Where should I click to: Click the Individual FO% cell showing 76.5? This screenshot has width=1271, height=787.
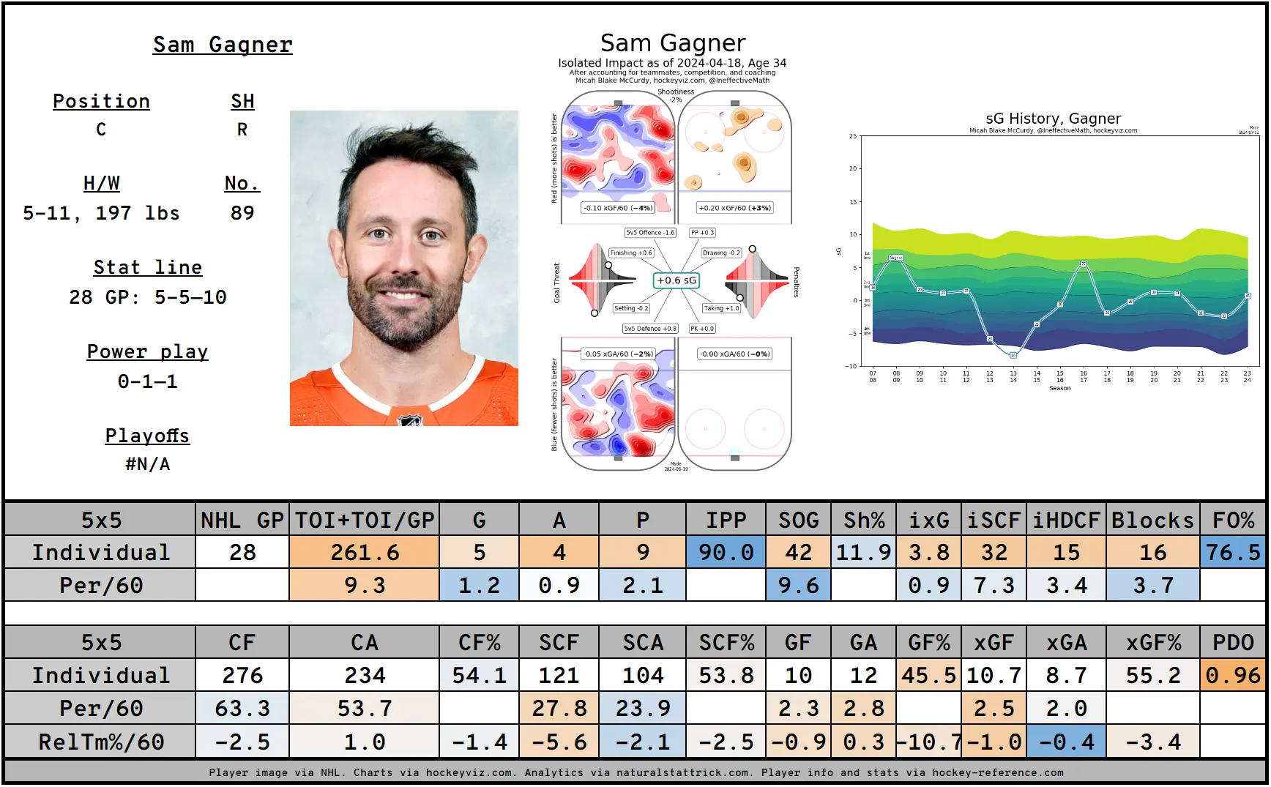tap(1233, 552)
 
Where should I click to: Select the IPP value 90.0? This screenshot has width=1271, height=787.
tap(726, 552)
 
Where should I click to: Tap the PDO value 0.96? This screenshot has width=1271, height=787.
tap(1233, 675)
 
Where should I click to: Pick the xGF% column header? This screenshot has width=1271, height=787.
tap(1153, 642)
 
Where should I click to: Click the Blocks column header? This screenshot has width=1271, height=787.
tap(1153, 520)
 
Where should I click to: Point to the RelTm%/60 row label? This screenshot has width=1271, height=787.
tap(101, 742)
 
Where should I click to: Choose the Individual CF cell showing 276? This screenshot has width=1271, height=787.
tap(242, 675)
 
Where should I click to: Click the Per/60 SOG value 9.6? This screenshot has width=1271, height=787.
tap(798, 585)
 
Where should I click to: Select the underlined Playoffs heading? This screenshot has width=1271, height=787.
tap(147, 436)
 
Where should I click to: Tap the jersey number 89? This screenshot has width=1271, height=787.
tap(242, 213)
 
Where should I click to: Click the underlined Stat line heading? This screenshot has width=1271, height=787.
tap(147, 267)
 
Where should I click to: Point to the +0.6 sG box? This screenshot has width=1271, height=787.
tap(676, 280)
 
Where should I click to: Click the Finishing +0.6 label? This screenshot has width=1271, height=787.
tap(630, 253)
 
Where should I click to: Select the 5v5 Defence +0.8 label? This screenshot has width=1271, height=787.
tap(650, 329)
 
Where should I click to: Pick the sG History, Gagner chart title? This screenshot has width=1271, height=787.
tap(1053, 119)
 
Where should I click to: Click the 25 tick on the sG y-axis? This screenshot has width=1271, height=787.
tap(852, 136)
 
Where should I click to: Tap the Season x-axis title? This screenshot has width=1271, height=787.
tap(1059, 388)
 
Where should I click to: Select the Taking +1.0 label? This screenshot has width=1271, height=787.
tap(721, 308)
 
